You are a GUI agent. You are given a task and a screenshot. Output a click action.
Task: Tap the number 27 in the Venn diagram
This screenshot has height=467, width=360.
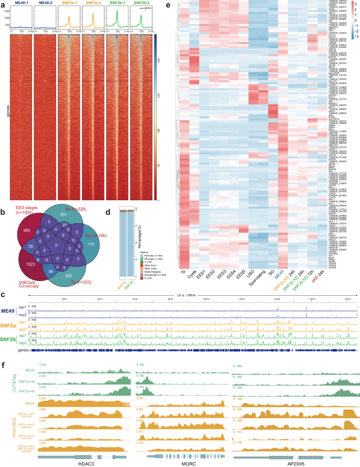click(79, 224)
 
